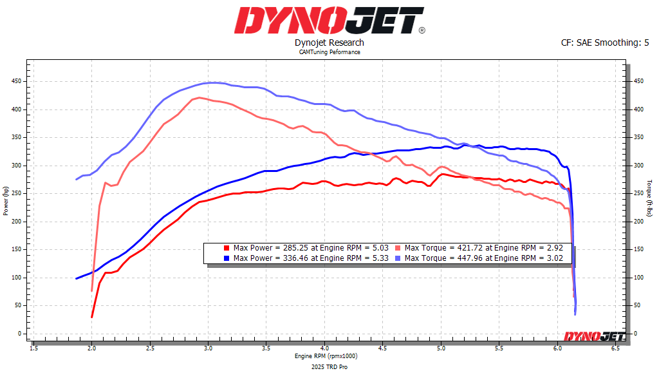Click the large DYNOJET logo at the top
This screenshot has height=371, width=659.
[329, 21]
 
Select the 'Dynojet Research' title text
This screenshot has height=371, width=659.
[329, 43]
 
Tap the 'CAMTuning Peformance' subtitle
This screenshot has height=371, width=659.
[329, 52]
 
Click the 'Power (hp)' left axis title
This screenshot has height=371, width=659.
[6, 200]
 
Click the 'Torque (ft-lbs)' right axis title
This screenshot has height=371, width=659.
[650, 200]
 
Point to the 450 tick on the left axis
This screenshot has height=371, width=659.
[15, 81]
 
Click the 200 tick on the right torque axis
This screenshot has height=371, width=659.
[636, 222]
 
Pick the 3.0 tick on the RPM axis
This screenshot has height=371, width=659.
[208, 347]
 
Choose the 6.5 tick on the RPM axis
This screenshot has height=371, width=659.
[615, 347]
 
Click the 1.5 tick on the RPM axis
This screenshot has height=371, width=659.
[33, 347]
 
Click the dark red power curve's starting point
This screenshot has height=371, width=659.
[92, 317]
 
